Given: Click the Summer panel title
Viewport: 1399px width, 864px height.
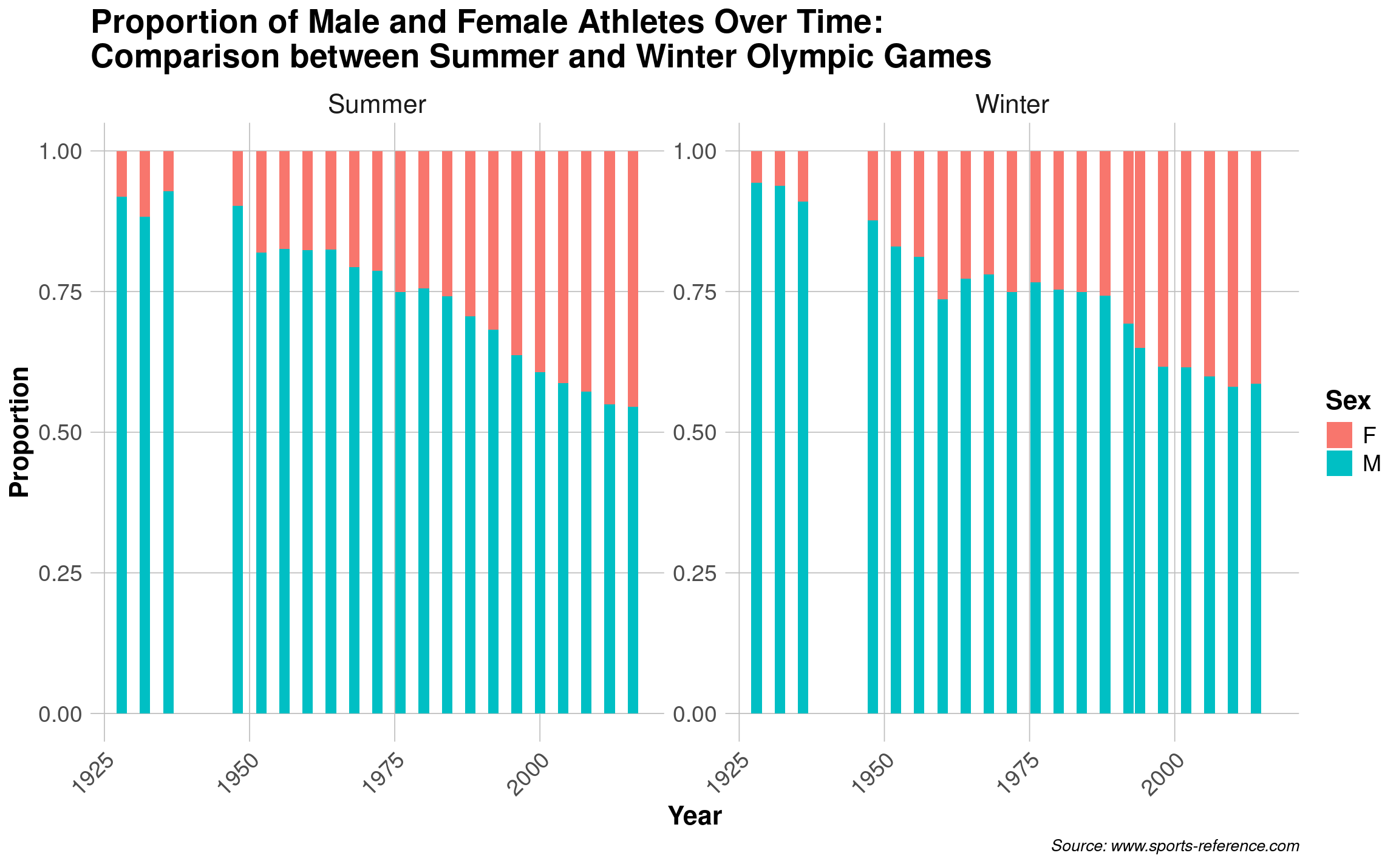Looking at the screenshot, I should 376,105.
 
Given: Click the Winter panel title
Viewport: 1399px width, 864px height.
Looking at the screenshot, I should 1012,105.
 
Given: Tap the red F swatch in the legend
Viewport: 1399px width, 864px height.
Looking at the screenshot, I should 1339,435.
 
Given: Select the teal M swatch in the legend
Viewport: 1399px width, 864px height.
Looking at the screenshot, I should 1339,463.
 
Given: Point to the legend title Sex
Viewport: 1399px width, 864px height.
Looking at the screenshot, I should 1347,401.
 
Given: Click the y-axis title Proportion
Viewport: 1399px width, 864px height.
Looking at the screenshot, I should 20,432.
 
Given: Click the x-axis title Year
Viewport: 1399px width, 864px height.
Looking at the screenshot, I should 695,816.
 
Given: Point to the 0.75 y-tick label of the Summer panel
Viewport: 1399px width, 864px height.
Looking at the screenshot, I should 60,292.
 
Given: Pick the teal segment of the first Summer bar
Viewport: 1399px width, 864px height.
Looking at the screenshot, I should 121,455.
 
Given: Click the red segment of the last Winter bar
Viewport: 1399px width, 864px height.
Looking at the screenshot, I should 1256,267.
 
